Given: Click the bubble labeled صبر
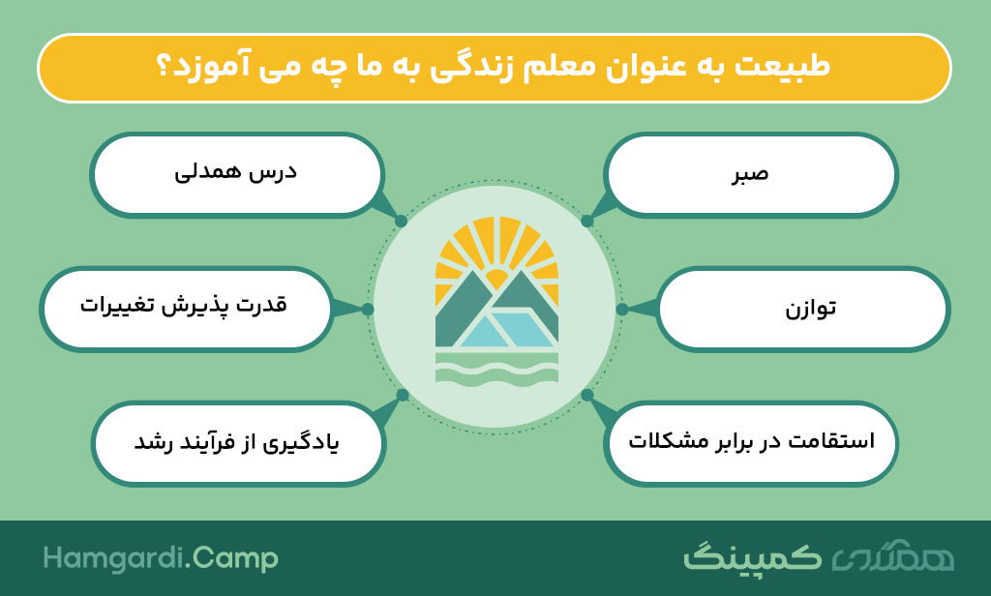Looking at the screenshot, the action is click(x=751, y=175).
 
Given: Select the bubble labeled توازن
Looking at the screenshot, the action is click(x=802, y=309).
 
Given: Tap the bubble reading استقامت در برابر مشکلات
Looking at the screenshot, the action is click(x=751, y=443).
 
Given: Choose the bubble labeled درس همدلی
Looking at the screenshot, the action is click(x=237, y=175).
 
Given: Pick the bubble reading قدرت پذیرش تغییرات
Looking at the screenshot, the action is click(x=186, y=309).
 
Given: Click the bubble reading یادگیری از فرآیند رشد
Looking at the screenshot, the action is click(x=238, y=443).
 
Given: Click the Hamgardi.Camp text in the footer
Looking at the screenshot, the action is click(x=161, y=558).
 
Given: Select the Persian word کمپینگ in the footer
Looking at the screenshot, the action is click(x=752, y=556).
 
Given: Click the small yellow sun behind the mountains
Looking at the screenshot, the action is click(x=495, y=279).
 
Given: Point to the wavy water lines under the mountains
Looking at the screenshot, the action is click(x=496, y=368).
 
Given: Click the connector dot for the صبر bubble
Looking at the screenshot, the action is click(x=587, y=222).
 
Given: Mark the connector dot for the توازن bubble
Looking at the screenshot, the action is click(x=622, y=309).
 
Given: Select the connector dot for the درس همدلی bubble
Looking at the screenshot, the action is click(x=401, y=222).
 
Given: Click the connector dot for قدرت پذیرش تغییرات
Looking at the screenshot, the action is click(x=368, y=309).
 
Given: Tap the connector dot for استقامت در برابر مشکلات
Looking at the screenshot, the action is click(x=587, y=395).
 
